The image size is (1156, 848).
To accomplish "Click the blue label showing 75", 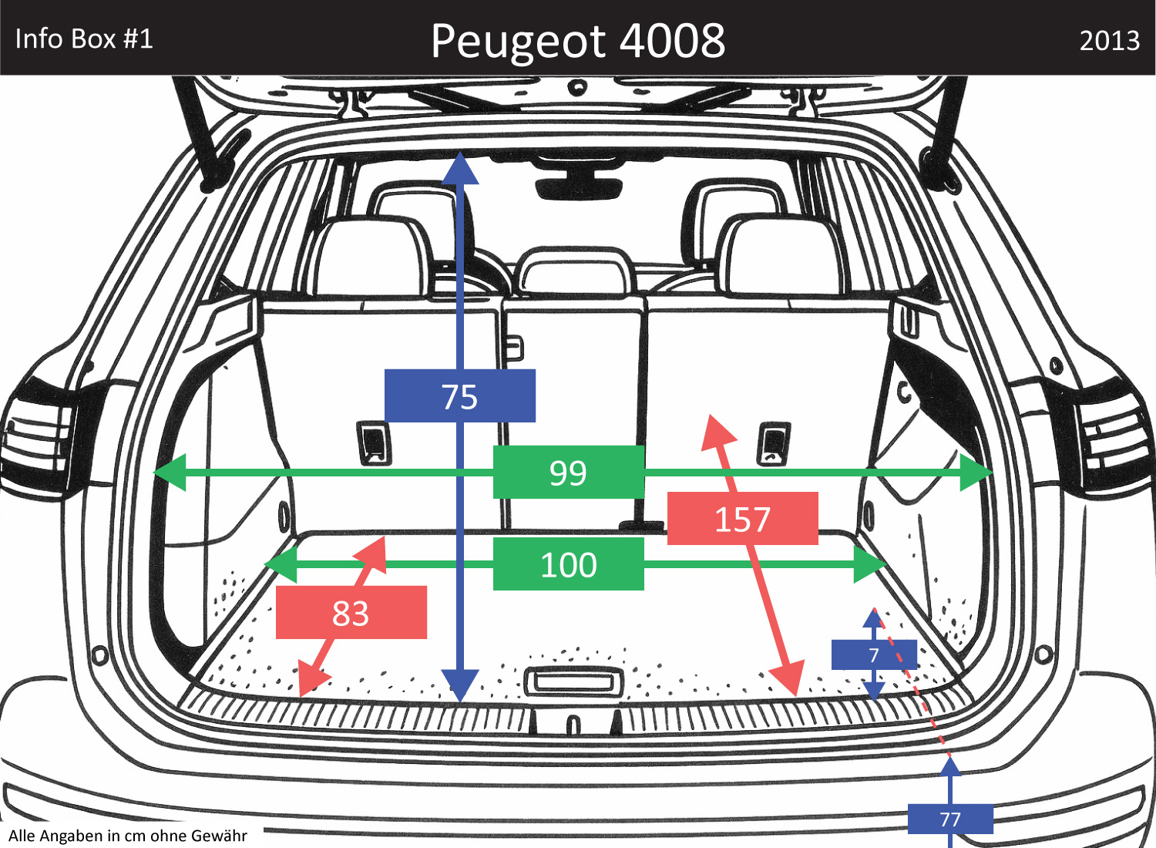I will point(460,396).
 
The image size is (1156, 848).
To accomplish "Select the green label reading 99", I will point(568,472).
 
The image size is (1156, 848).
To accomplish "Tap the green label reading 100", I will point(568,564).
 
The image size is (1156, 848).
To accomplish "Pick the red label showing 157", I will point(742,519).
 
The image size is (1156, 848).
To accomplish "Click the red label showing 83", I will point(351,613).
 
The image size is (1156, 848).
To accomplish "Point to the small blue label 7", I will point(874,655).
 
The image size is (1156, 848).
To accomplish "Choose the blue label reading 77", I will point(950,819).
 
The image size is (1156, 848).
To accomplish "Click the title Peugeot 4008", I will point(578,40).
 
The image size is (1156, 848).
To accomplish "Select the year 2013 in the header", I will point(1109,40).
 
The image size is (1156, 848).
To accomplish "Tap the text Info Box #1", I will point(84,39).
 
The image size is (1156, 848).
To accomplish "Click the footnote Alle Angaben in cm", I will point(128,836).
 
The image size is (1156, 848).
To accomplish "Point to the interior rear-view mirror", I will point(578,185).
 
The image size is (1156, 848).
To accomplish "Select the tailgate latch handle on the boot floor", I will point(573,681).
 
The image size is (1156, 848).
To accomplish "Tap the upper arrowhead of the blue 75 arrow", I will point(460,168).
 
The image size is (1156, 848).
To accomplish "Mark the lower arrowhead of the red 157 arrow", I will point(788,678).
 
